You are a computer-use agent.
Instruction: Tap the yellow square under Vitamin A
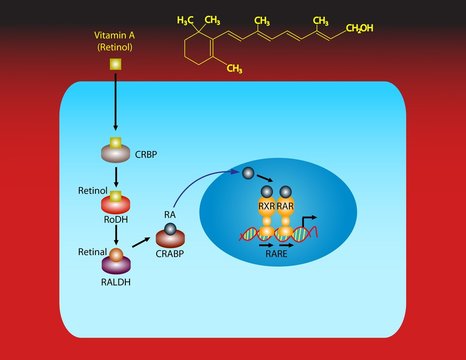(115, 65)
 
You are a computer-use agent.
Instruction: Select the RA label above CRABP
(170, 214)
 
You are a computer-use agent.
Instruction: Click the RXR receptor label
(267, 208)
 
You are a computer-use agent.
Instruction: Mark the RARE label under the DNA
(277, 254)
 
